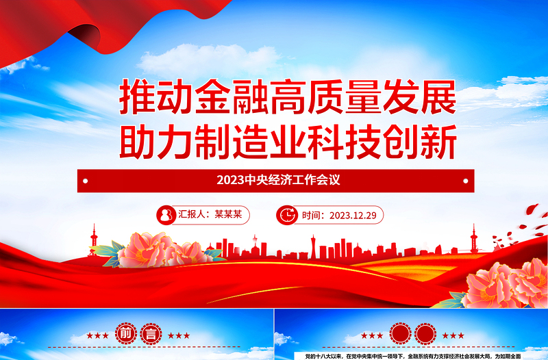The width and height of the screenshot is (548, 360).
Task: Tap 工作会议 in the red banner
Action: pyautogui.click(x=318, y=181)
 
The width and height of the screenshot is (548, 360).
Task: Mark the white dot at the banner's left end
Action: pyautogui.click(x=87, y=181)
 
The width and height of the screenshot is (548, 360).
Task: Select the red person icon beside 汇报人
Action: pyautogui.click(x=166, y=215)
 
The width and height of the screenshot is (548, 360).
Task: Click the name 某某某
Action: pyautogui.click(x=229, y=215)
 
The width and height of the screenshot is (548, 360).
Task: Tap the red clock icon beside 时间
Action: pyautogui.click(x=286, y=215)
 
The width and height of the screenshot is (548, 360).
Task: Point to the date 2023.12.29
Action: pyautogui.click(x=354, y=215)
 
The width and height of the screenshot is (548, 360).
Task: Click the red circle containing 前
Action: pyautogui.click(x=127, y=335)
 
